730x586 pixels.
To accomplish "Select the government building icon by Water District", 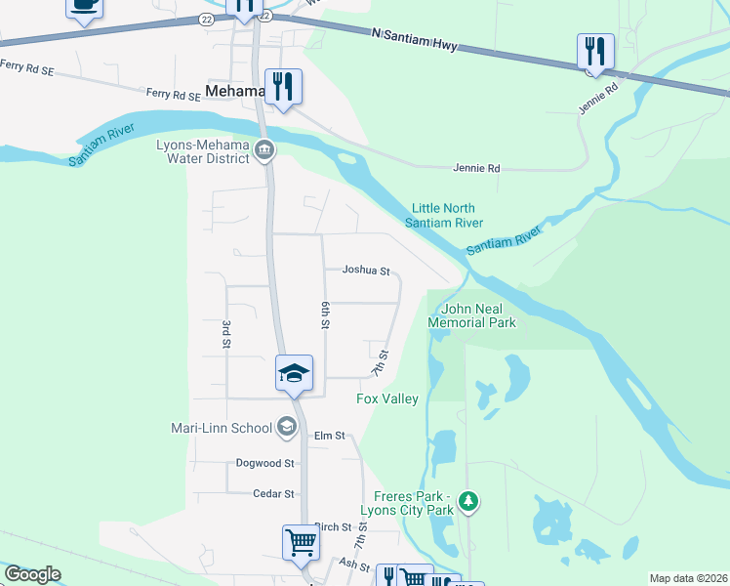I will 264,149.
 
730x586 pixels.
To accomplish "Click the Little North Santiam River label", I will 447,215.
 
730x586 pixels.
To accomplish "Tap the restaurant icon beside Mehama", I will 283,86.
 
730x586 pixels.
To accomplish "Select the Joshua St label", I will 366,271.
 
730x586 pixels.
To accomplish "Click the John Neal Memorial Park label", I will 472,314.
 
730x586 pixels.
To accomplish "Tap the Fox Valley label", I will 387,398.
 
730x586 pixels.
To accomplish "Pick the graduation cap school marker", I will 294,372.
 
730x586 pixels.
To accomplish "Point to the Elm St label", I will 330,436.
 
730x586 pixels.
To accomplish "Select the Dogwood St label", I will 264,463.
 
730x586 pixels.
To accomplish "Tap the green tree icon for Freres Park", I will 469,501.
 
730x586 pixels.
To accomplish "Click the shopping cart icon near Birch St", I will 301,542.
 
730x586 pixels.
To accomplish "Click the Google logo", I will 32,574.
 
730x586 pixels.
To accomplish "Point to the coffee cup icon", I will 84,6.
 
